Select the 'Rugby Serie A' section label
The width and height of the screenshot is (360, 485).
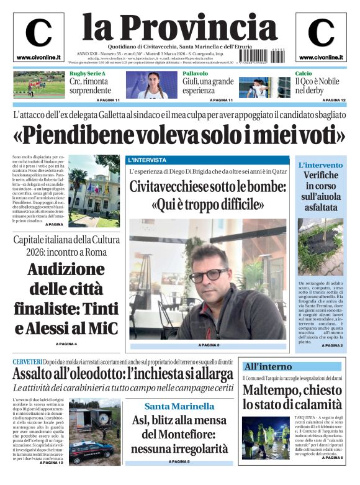click(88, 74)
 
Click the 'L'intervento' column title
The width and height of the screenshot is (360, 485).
click(320, 165)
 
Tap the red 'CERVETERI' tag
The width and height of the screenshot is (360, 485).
click(27, 362)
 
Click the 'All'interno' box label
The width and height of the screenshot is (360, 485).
click(268, 366)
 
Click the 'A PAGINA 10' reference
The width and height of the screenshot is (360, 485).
click(51, 463)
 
